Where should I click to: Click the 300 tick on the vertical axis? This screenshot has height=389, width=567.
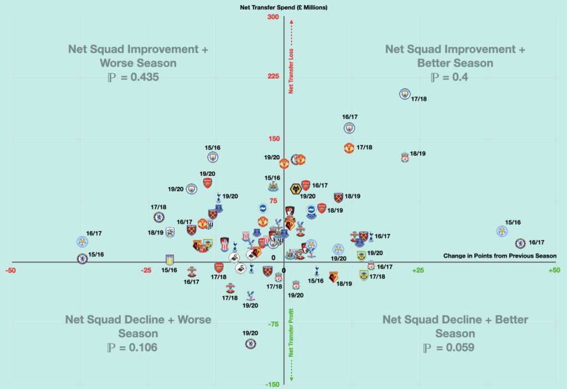click(x=273, y=17)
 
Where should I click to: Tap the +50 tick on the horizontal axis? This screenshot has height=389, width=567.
click(x=554, y=270)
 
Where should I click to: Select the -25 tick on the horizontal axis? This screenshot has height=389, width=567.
click(x=146, y=270)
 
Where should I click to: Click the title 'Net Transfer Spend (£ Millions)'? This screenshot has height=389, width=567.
click(x=283, y=8)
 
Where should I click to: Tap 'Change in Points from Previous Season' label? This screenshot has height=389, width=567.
click(x=499, y=256)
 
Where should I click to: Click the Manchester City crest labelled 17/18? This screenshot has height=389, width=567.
click(x=405, y=93)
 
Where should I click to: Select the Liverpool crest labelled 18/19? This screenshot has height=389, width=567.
click(x=406, y=158)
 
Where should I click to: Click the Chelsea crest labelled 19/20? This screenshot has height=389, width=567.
click(x=251, y=343)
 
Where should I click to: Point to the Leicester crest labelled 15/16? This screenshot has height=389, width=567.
click(x=502, y=231)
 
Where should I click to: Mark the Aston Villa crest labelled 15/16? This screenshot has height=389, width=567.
click(x=170, y=260)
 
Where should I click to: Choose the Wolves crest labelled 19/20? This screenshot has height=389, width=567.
click(x=295, y=189)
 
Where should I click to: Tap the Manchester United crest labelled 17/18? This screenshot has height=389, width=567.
click(x=349, y=148)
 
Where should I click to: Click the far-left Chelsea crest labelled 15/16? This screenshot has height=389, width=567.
click(x=82, y=258)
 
